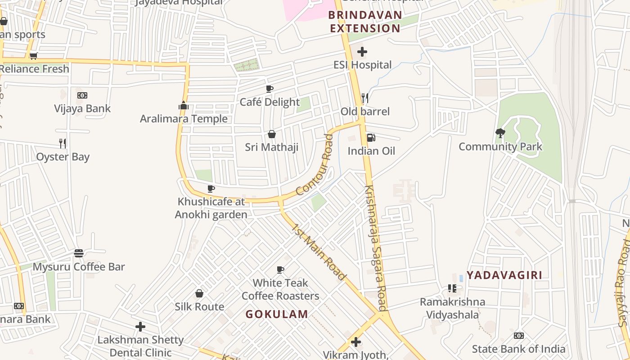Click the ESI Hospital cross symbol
[362, 52]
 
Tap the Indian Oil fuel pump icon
[371, 137]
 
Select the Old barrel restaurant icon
[365, 98]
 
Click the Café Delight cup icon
[270, 89]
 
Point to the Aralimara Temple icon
[183, 106]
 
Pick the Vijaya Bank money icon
[82, 95]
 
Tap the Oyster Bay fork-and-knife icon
[63, 144]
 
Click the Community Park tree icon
[500, 133]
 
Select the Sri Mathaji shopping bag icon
[272, 134]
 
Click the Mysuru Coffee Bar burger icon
[79, 253]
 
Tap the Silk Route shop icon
[199, 293]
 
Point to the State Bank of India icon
[518, 336]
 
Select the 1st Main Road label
[319, 252]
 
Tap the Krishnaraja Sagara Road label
[376, 248]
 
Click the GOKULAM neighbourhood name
[277, 314]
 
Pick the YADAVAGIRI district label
[504, 275]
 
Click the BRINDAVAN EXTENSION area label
[364, 22]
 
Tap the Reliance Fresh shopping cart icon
[33, 56]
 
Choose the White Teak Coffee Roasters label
[280, 289]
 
